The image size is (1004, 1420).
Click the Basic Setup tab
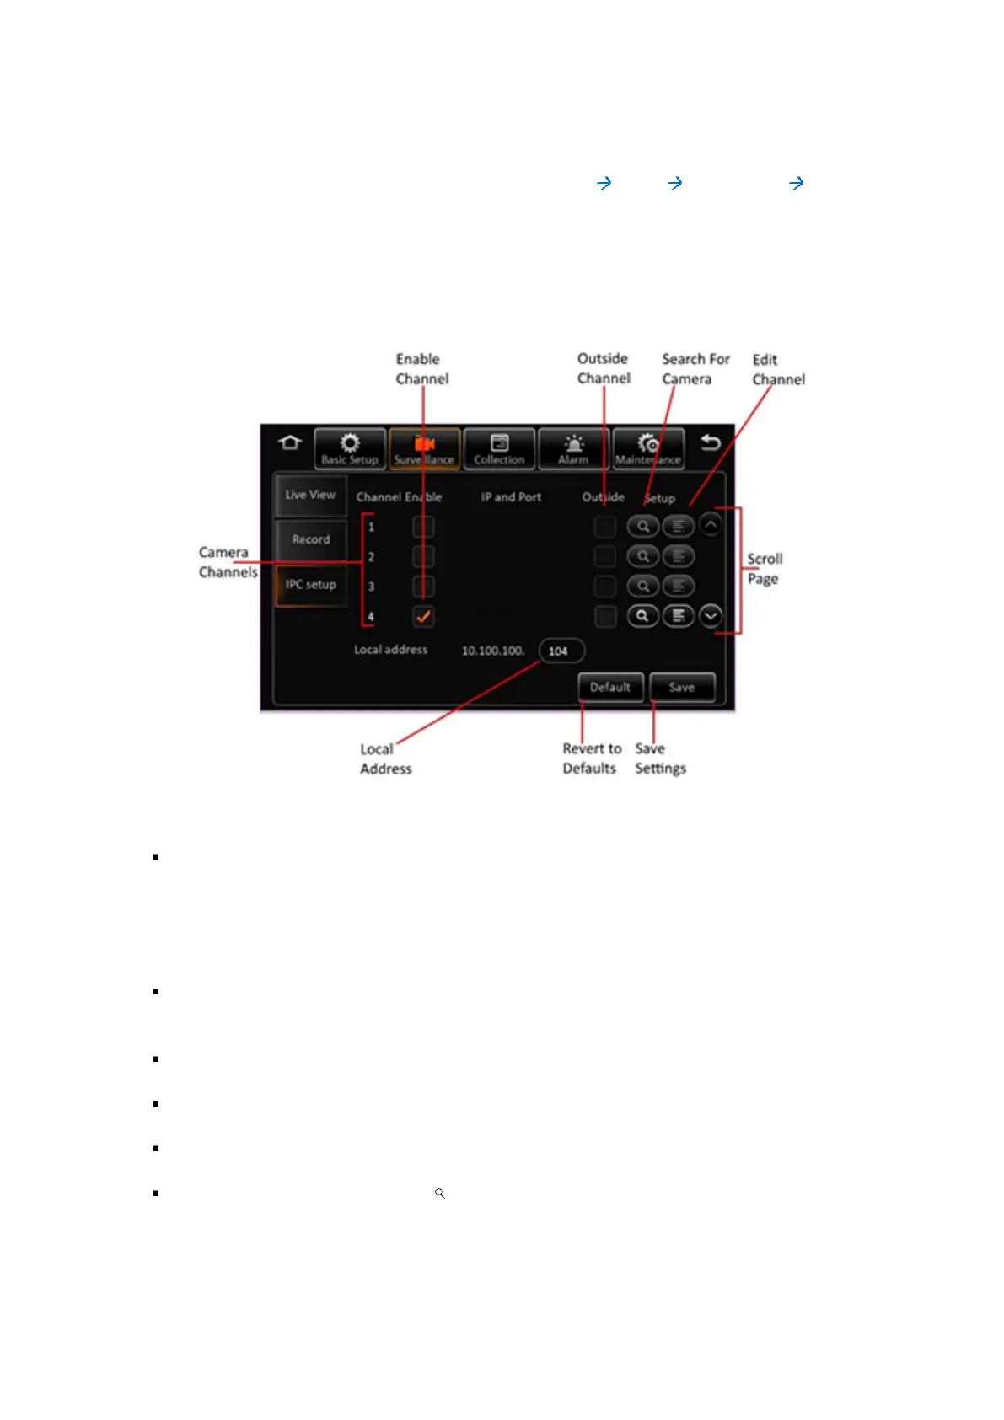coord(350,448)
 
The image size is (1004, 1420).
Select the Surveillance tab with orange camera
coord(424,448)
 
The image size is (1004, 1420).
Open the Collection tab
coord(499,448)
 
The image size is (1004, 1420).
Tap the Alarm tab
coord(573,448)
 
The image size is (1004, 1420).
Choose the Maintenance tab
coord(647,448)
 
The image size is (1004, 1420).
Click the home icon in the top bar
coord(290,442)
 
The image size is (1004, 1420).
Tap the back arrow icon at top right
coord(711,442)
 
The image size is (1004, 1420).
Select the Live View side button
coord(310,496)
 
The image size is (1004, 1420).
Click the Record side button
coord(311,539)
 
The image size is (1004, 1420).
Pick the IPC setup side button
coord(310,585)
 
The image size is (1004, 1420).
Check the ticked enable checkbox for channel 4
coord(423,616)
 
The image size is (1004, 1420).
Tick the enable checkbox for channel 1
coord(423,527)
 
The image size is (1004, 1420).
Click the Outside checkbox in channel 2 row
coord(605,556)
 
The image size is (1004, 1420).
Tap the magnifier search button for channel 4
coord(642,616)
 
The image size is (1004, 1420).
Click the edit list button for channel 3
coord(679,587)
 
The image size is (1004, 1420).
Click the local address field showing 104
coord(561,651)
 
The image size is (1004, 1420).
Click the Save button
coord(682,688)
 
